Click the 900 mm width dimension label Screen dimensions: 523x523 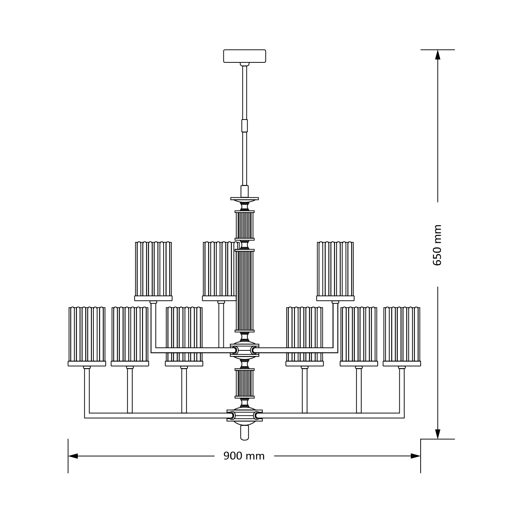coord(244,456)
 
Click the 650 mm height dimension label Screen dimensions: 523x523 coord(437,245)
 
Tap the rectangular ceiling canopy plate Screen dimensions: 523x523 coord(245,56)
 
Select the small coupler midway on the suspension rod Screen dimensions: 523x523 coord(245,126)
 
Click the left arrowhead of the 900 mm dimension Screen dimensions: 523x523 coord(73,456)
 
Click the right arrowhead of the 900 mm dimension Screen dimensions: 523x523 coord(415,456)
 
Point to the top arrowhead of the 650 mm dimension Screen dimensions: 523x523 coord(437,55)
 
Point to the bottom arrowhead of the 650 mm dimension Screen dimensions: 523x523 coord(437,434)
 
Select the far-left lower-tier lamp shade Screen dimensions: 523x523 coord(87,337)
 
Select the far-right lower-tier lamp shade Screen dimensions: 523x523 coord(402,337)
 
